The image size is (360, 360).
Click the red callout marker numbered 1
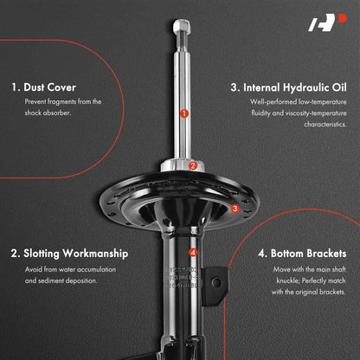point(184,113)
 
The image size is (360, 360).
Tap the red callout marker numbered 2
point(193,166)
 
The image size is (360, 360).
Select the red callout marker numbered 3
point(235,209)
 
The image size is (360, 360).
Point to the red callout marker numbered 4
point(193,253)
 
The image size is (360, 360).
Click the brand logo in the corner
point(327,22)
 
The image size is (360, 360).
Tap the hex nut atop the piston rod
point(182,25)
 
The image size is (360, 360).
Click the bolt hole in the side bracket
point(216,282)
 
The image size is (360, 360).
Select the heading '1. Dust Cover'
point(43,87)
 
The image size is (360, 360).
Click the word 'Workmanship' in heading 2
point(95,254)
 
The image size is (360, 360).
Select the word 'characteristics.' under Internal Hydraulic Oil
point(325,125)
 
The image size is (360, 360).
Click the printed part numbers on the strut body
point(182,278)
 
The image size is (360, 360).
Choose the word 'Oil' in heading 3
point(339,87)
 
